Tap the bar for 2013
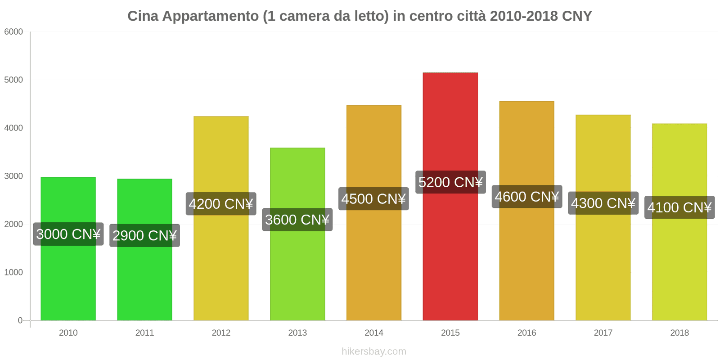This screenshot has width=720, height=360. [297, 270]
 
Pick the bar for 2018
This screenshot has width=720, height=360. [679, 270]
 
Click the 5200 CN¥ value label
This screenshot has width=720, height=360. [450, 182]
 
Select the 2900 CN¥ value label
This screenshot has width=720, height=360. [144, 235]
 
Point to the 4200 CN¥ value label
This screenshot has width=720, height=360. [220, 204]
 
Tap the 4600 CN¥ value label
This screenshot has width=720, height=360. [526, 197]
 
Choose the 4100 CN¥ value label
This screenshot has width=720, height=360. [679, 207]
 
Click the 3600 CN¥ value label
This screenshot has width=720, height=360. [297, 220]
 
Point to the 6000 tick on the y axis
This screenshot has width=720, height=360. [13, 32]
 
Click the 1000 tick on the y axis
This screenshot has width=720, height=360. [13, 272]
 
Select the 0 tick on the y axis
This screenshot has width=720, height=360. [20, 320]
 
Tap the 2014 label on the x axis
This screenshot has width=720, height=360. [373, 333]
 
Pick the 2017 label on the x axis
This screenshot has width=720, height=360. [603, 333]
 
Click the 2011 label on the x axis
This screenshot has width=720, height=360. [144, 333]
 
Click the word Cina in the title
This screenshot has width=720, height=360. [143, 16]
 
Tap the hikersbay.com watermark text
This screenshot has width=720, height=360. [373, 351]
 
